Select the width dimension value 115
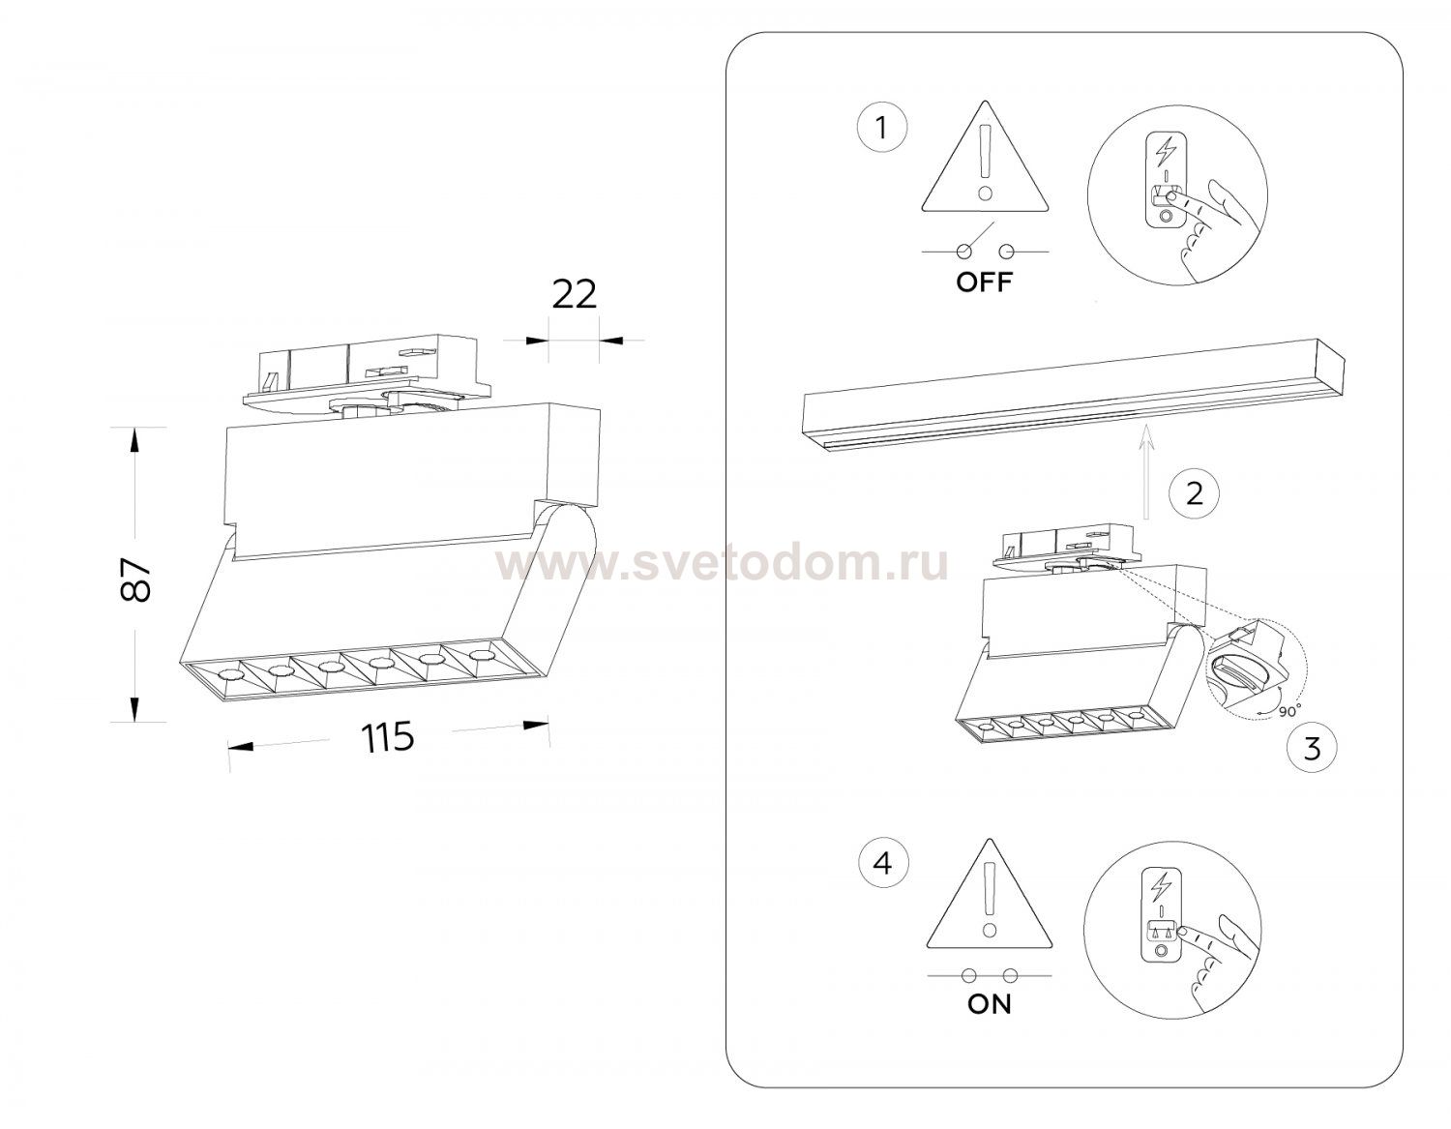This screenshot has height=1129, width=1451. [387, 737]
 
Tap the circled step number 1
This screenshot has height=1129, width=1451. [882, 128]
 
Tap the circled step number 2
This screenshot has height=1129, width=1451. [1194, 494]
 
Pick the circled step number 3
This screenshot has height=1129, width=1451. [1312, 748]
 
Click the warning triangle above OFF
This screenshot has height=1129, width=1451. [985, 158]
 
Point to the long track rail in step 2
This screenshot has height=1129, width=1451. [1074, 398]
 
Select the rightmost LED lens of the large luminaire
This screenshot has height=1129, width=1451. [478, 654]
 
